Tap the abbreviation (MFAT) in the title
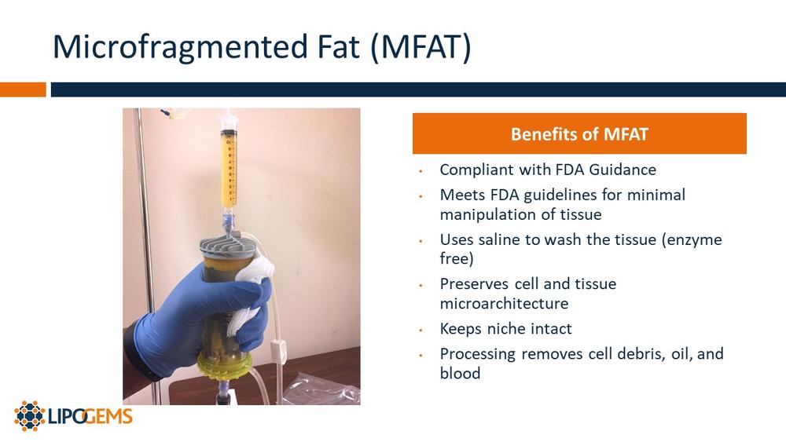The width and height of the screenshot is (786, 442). [x=421, y=46]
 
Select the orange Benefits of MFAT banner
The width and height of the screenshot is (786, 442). [x=579, y=133]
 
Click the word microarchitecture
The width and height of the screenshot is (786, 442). [x=504, y=303]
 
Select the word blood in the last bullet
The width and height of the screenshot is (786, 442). [x=460, y=373]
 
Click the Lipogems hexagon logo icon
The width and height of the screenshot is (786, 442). [x=30, y=416]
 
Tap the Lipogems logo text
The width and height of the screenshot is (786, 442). [x=90, y=416]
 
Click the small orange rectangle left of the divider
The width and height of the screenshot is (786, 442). [x=23, y=89]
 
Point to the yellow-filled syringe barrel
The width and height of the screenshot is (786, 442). [x=229, y=166]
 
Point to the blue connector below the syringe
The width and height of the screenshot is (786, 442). [x=228, y=219]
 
